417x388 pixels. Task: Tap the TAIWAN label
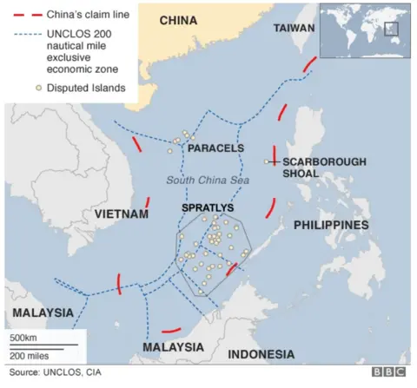294,29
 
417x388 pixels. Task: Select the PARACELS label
215,148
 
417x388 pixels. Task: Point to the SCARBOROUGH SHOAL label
313,167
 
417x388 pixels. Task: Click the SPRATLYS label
208,209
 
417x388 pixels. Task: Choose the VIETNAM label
118,214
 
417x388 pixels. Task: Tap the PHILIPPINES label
331,225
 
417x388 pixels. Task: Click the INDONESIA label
261,354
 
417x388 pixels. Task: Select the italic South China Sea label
207,180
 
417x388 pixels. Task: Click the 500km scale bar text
23,337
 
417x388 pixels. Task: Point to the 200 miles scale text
29,355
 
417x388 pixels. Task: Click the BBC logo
388,372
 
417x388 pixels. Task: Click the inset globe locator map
364,30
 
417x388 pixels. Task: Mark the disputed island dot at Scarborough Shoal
267,161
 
